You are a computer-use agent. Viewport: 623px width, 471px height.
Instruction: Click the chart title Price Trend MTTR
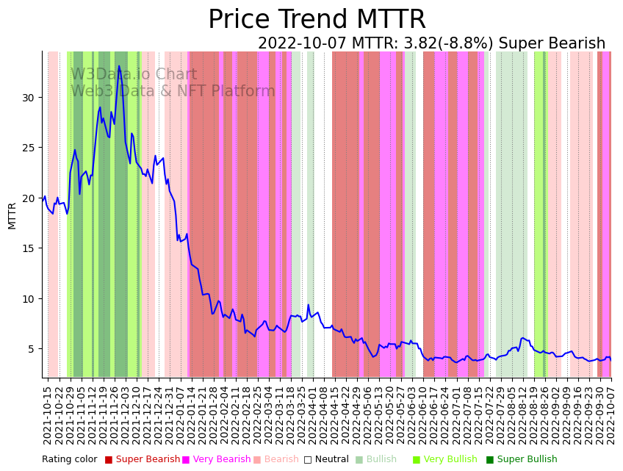[x=317, y=20]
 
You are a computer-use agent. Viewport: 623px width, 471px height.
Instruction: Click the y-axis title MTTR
[x=12, y=216]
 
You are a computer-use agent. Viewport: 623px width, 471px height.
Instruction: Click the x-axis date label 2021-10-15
[x=48, y=415]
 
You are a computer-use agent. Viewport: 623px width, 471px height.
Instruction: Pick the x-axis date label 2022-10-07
[x=610, y=415]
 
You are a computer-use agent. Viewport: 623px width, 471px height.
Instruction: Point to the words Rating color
[x=69, y=460]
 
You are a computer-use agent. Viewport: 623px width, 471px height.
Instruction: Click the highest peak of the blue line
[x=119, y=66]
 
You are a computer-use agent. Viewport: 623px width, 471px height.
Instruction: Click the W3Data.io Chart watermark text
[x=134, y=75]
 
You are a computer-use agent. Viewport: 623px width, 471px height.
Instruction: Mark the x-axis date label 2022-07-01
[x=455, y=415]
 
